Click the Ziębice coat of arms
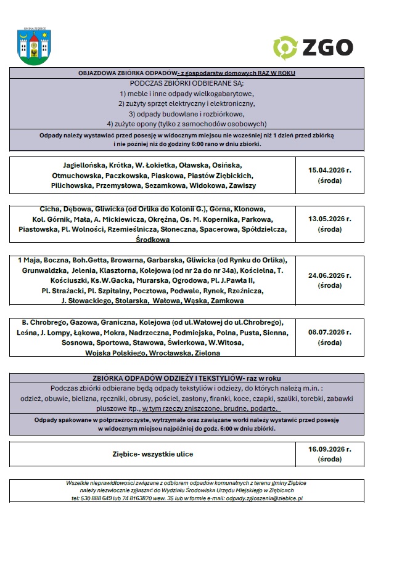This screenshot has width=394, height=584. point(35,47)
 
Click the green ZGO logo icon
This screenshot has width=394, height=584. point(285,47)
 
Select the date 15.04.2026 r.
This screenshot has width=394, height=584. point(329,169)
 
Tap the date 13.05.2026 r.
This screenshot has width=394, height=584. point(329,218)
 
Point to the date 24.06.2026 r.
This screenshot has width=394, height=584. point(329,275)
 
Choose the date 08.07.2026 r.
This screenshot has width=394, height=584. point(329,332)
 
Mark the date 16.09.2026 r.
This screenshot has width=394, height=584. point(329,450)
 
